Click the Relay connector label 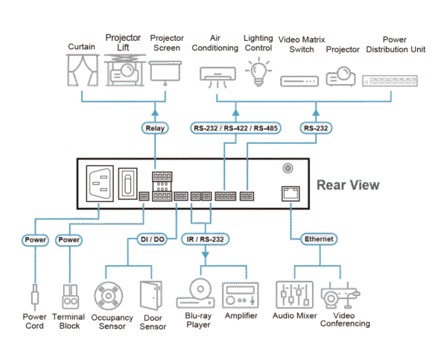point(154,128)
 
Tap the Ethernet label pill point(318,239)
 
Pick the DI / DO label point(153,239)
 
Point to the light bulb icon point(258,72)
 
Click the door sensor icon point(151,294)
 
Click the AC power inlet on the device point(101,183)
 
